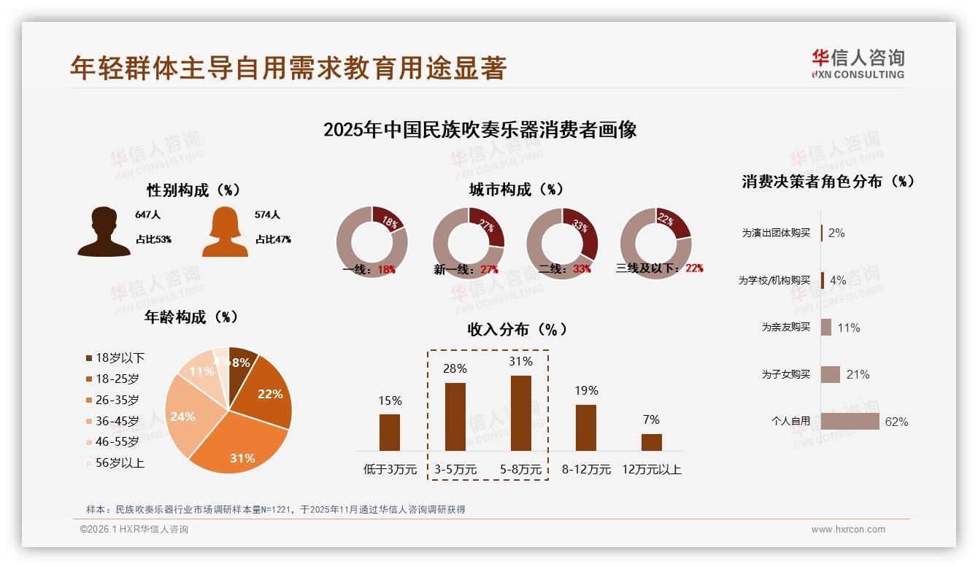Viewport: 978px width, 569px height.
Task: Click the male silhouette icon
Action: pyautogui.click(x=104, y=231)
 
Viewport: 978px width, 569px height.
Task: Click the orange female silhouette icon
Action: pyautogui.click(x=225, y=231)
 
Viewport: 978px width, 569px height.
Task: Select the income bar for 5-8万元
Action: pyautogui.click(x=521, y=413)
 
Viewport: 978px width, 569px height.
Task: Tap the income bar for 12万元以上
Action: pyautogui.click(x=652, y=442)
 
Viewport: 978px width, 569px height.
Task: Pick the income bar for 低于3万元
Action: pyautogui.click(x=390, y=432)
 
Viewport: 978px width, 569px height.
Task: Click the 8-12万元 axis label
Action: pyautogui.click(x=586, y=470)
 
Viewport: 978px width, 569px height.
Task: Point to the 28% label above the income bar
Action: pyautogui.click(x=455, y=369)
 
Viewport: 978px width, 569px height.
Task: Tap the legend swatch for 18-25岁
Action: pyautogui.click(x=90, y=379)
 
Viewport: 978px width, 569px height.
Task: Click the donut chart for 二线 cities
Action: pyautogui.click(x=562, y=243)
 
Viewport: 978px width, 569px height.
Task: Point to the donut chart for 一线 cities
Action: pyautogui.click(x=371, y=243)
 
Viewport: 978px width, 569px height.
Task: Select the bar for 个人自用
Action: pyautogui.click(x=850, y=422)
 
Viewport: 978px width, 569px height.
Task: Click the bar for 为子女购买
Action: pyautogui.click(x=831, y=374)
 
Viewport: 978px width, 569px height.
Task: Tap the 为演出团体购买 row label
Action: pyautogui.click(x=776, y=233)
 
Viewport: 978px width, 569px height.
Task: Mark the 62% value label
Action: pyautogui.click(x=896, y=422)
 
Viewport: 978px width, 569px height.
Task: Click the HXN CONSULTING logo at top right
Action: pyautogui.click(x=858, y=63)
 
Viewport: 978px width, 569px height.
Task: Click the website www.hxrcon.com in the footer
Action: pyautogui.click(x=848, y=530)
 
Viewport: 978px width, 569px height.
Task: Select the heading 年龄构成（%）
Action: pyautogui.click(x=192, y=317)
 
